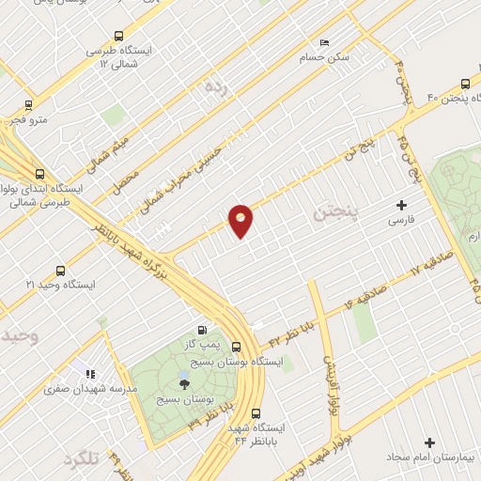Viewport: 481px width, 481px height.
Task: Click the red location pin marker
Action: pyautogui.click(x=240, y=220)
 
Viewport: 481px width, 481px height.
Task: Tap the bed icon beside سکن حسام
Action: pyautogui.click(x=324, y=42)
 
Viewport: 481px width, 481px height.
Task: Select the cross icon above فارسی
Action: pyautogui.click(x=402, y=204)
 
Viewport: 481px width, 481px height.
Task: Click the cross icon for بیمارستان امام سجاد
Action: pyautogui.click(x=430, y=442)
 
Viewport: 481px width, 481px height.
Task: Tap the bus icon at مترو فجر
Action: pyautogui.click(x=28, y=105)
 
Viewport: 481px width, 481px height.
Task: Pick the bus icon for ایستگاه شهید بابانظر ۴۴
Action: pyautogui.click(x=256, y=412)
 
